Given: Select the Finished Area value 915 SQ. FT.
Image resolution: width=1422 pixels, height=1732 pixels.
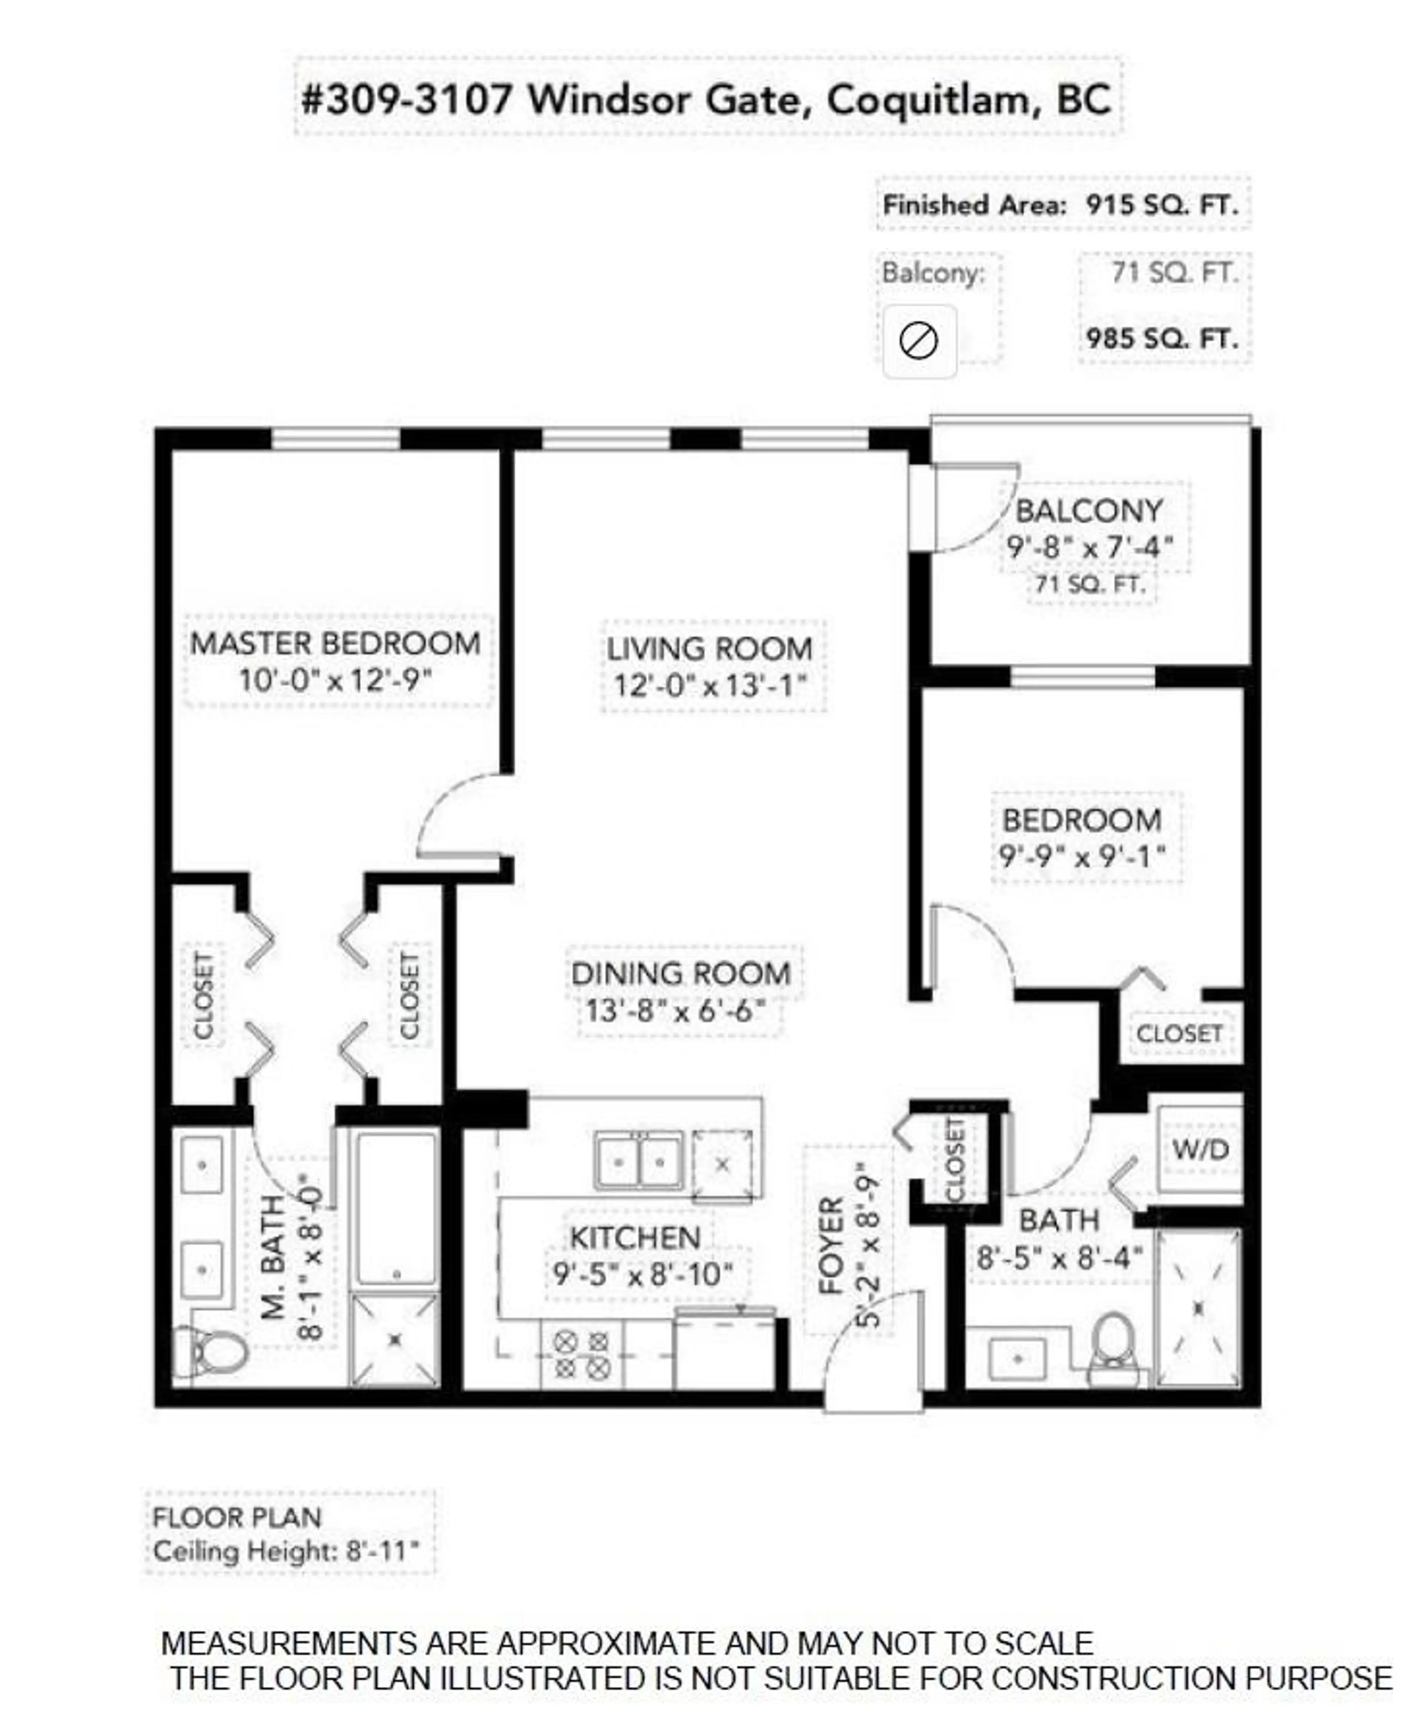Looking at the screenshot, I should click(1162, 205).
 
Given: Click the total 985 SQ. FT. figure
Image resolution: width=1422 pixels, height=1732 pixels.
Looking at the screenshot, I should click(1162, 339).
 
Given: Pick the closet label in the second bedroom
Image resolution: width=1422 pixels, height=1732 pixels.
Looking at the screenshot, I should click(1179, 1034).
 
